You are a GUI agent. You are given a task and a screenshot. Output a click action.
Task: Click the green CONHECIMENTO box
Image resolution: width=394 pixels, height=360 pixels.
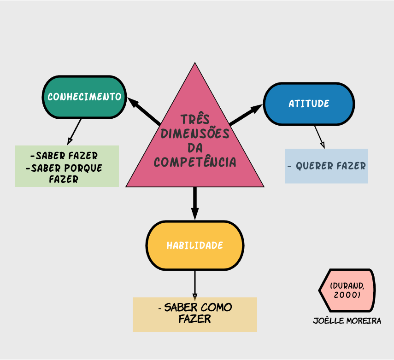tap(84, 97)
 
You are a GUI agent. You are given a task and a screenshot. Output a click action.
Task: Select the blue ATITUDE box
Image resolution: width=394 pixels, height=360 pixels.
tap(309, 104)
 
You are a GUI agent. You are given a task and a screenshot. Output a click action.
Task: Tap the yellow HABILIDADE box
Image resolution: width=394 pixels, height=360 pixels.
tap(194, 245)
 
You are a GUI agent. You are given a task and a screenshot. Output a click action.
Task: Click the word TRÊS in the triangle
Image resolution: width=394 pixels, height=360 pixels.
tap(195, 120)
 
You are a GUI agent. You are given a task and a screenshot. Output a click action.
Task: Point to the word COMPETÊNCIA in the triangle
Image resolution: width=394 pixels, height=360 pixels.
tap(195, 162)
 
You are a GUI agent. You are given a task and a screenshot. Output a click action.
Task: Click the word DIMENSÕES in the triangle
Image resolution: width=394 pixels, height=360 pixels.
tap(195, 134)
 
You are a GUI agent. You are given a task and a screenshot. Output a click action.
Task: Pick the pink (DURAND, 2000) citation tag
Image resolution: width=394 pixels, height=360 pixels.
tap(347, 290)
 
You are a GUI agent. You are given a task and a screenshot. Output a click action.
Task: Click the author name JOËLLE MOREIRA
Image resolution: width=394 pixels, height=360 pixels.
tap(347, 321)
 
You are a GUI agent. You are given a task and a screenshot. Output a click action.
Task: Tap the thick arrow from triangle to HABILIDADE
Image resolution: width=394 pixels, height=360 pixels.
tap(195, 203)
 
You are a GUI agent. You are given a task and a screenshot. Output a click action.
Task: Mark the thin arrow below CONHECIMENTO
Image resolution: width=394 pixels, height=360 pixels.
tap(75, 131)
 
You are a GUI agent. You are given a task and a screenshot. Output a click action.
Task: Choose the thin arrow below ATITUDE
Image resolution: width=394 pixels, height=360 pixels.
tap(319, 136)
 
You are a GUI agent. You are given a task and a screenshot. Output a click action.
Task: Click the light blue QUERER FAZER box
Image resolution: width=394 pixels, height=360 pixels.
tap(326, 166)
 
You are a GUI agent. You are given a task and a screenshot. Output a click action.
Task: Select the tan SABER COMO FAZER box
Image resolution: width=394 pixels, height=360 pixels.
tap(195, 314)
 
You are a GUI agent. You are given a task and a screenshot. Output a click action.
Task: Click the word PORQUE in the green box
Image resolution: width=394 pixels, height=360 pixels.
tap(83, 168)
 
